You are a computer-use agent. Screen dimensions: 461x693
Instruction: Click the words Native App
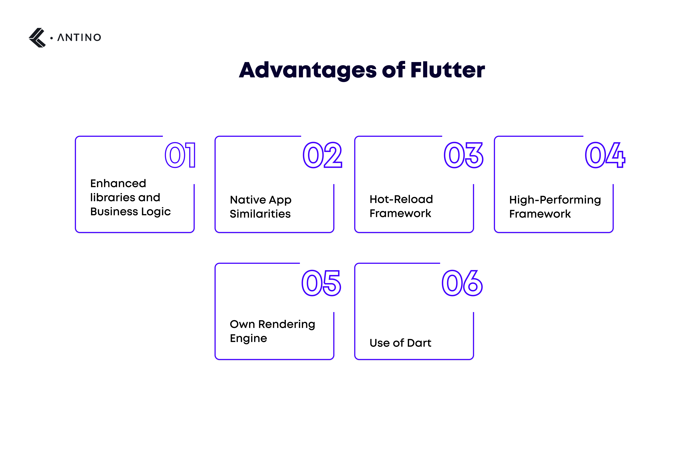[260, 200]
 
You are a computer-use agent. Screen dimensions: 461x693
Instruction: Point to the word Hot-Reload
[401, 199]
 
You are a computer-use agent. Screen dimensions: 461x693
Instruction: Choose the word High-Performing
[555, 200]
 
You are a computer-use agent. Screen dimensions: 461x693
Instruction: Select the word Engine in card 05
[248, 338]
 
